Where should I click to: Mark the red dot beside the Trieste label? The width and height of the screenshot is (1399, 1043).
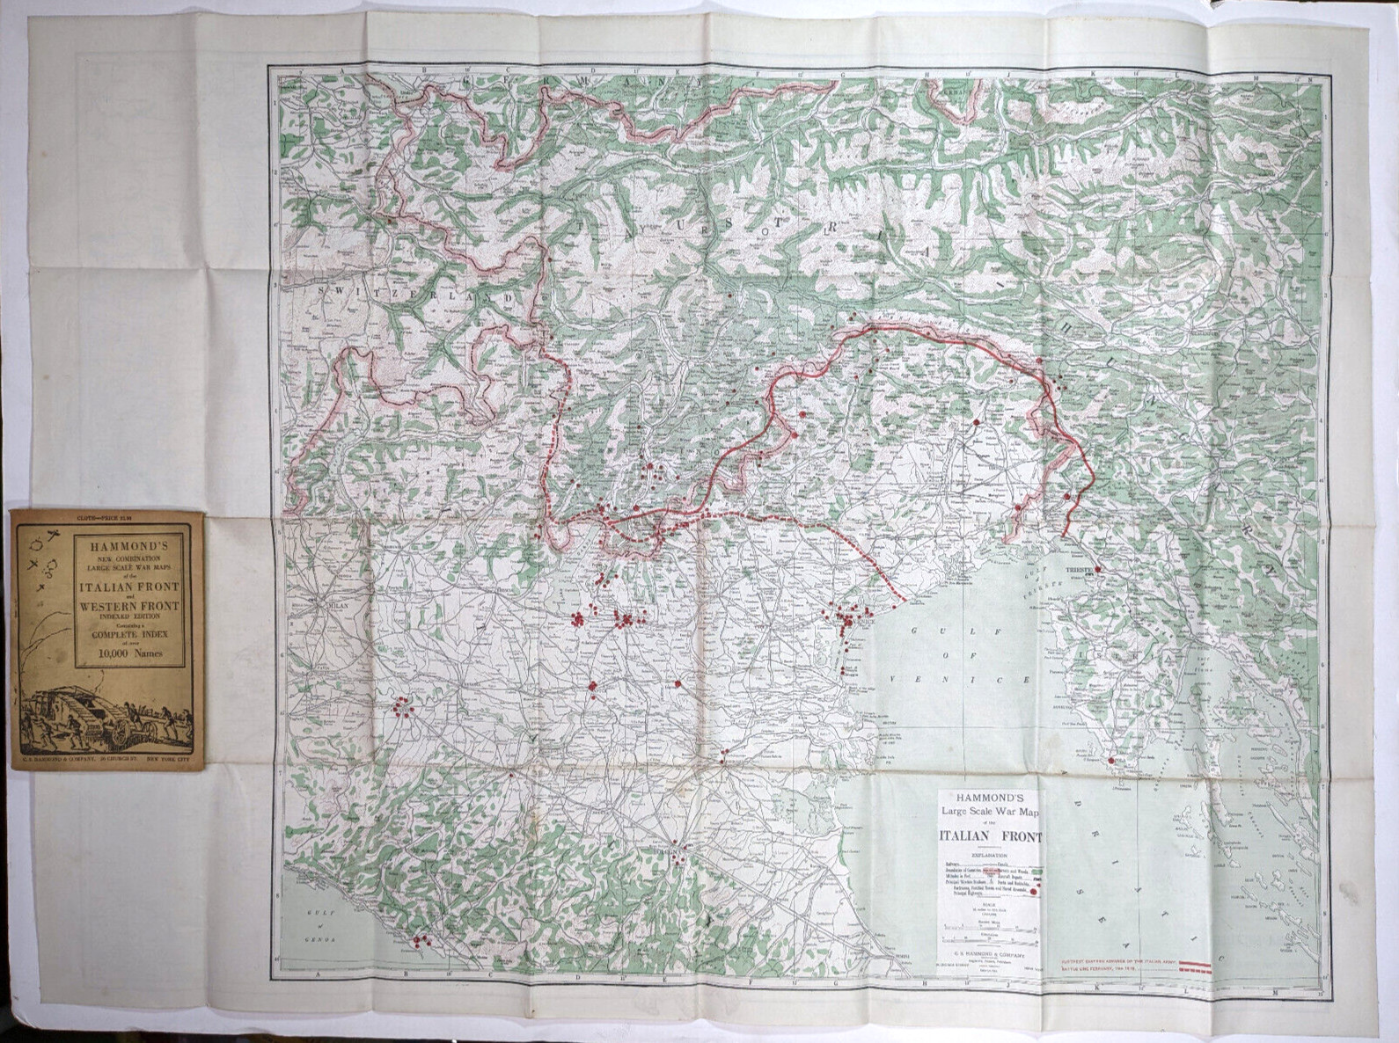[x=1096, y=570]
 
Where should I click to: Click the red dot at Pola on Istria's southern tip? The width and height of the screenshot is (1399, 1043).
[x=1111, y=761]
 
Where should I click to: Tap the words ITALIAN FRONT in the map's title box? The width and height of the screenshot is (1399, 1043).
[x=990, y=836]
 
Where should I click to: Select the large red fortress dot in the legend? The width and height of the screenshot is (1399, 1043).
[x=1033, y=892]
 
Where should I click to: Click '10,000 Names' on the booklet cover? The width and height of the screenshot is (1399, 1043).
[x=129, y=653]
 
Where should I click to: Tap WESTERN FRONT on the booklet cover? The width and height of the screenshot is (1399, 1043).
[x=129, y=606]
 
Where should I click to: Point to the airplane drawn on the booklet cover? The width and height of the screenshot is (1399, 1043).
[x=51, y=536]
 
